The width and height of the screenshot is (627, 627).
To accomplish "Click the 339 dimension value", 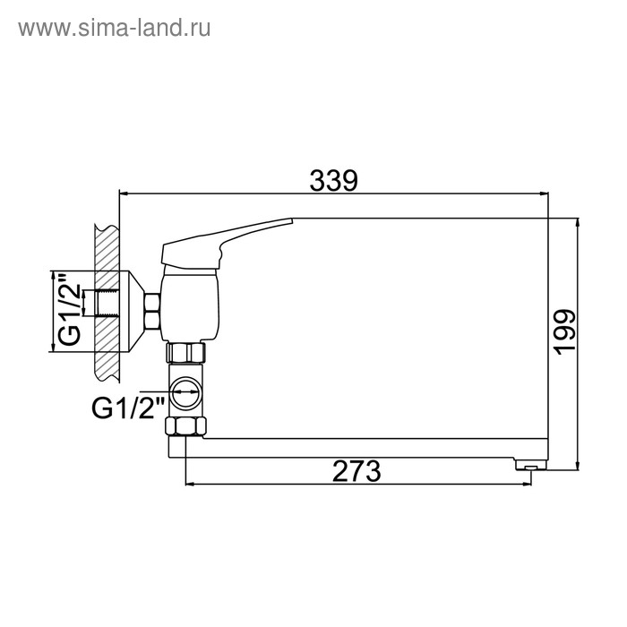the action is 333,181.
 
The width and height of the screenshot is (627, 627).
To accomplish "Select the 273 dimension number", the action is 356,471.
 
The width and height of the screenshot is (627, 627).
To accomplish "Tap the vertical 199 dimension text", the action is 564,331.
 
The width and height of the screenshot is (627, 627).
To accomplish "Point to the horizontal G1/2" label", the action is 128,408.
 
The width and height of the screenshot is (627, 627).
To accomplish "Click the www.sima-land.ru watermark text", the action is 115,29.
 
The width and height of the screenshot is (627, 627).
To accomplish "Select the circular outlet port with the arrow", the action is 185,392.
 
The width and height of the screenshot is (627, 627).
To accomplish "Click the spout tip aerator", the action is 530,466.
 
